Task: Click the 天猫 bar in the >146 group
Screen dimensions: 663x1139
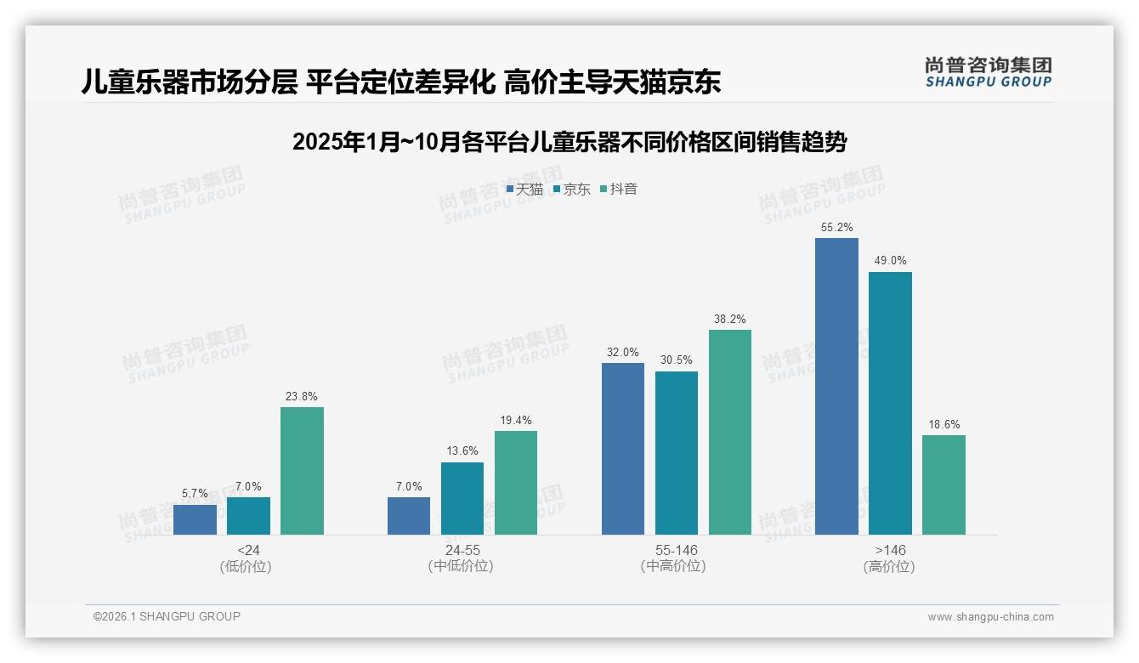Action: [836, 386]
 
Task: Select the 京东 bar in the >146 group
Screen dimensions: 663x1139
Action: [890, 403]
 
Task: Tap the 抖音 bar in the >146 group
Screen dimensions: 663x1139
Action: [943, 484]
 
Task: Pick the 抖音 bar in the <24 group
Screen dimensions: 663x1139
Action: [302, 471]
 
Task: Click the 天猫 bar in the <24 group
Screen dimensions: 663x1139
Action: [195, 519]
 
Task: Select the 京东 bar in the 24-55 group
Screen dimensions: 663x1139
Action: [462, 498]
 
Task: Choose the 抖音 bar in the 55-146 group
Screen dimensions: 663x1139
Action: [730, 432]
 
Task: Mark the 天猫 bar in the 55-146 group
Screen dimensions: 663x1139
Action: [623, 449]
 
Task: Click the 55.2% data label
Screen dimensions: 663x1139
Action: [836, 228]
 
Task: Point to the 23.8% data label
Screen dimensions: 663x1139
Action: [302, 396]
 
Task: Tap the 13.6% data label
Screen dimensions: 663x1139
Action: [462, 451]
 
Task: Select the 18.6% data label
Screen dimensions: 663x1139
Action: [943, 424]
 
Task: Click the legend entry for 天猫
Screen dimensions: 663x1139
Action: [524, 189]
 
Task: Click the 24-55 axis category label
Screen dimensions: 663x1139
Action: [462, 550]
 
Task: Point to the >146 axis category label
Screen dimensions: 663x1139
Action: [890, 550]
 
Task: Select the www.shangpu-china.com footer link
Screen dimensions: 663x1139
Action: [990, 617]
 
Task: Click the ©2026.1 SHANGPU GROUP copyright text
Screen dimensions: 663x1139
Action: [167, 616]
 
